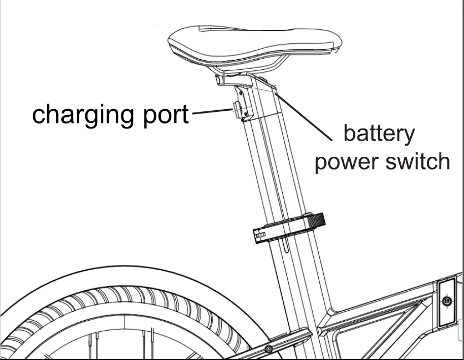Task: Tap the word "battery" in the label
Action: [x=378, y=134]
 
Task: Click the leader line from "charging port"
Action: [x=211, y=112]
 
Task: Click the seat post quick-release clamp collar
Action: [x=283, y=230]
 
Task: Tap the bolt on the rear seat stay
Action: [x=268, y=349]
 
